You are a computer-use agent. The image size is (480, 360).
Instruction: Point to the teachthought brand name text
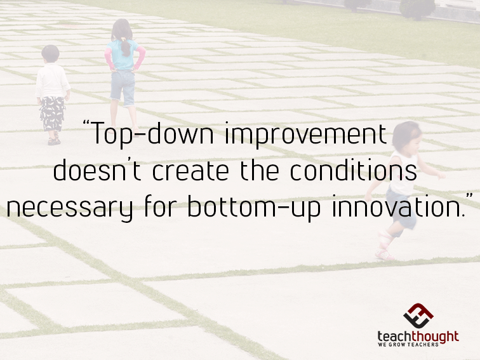click(x=417, y=337)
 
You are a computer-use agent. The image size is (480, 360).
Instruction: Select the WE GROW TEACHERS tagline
click(x=417, y=347)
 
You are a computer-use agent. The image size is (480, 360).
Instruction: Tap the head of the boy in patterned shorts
click(x=50, y=53)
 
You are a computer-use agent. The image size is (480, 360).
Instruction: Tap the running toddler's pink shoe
click(x=383, y=254)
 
